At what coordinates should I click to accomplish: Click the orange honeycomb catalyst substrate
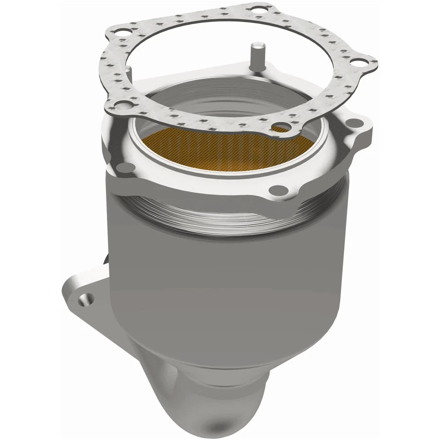click(220, 147)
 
